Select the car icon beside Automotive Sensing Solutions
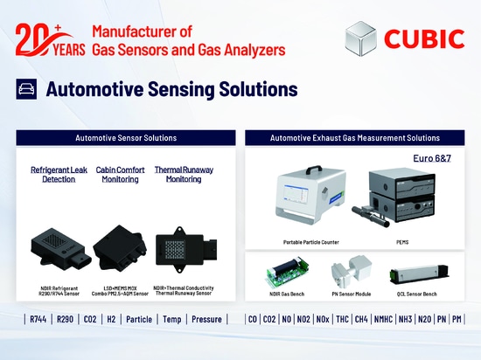26,89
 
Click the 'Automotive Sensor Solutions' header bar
126,138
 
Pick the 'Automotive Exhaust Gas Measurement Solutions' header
354,138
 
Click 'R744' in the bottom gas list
38,320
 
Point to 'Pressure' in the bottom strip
207,320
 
